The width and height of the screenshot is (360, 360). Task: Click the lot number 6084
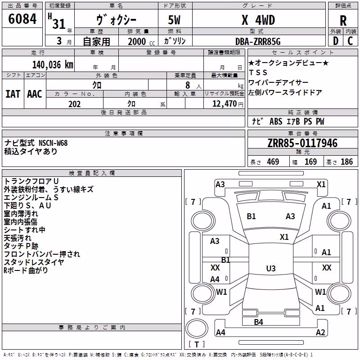22,18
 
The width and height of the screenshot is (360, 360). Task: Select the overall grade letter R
343,21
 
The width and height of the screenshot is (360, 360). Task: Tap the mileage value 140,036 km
53,65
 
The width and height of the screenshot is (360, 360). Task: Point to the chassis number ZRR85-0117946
302,143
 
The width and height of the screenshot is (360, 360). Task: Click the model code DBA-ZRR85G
258,41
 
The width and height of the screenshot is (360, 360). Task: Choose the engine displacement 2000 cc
141,41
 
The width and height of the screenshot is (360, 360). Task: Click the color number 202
74,104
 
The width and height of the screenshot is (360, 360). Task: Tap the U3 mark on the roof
271,268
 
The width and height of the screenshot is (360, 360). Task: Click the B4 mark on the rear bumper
258,322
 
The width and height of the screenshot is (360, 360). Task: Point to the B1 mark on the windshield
251,216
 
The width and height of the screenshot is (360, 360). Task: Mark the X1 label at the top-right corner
321,184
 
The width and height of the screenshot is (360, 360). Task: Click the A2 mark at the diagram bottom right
320,332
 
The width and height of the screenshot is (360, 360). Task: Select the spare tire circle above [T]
197,328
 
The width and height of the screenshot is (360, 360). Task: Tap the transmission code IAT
13,94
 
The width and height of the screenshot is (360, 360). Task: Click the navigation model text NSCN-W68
53,143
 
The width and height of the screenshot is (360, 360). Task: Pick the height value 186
346,162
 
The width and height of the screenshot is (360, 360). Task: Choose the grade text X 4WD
258,20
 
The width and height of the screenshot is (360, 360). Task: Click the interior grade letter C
350,41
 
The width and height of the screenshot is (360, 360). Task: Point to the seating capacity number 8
188,85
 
